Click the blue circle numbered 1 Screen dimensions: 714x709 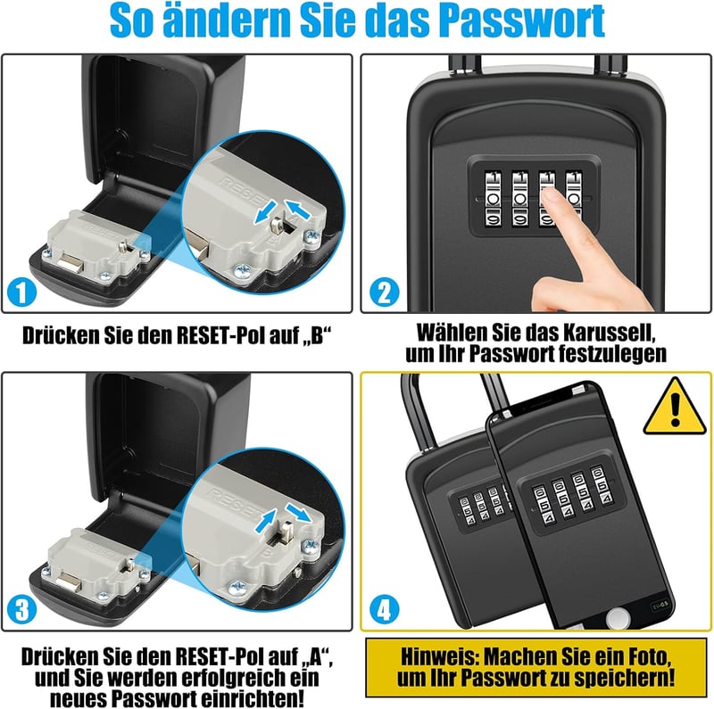click(21, 293)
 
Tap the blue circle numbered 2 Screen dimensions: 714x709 click(385, 292)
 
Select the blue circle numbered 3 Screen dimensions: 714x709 click(21, 610)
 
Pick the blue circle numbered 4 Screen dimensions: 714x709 click(385, 610)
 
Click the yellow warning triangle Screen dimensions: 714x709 click(675, 408)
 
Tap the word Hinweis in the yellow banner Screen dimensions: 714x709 click(439, 656)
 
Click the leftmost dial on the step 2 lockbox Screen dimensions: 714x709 click(493, 198)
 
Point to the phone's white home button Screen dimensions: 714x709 click(618, 619)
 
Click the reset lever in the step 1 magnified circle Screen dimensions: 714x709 click(276, 224)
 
